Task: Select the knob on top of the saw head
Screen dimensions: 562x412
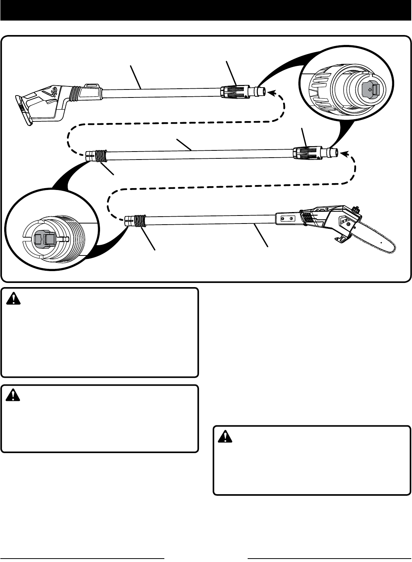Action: point(356,209)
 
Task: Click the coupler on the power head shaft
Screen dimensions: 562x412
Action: point(233,91)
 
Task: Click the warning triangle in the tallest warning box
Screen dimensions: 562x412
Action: point(13,299)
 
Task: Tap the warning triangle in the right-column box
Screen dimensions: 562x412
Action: point(224,437)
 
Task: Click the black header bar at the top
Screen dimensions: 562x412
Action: point(206,10)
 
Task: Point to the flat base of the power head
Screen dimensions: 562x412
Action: point(23,110)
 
